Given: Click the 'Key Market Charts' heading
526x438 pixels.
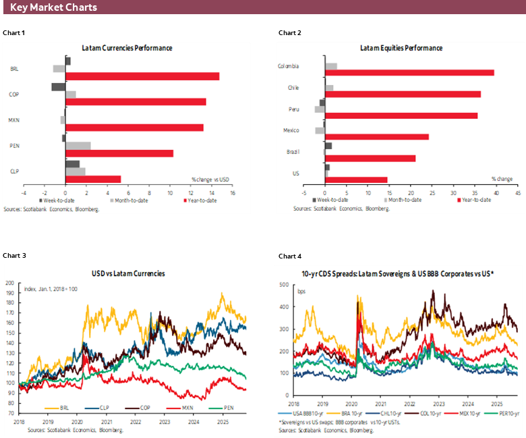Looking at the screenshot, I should point(53,7).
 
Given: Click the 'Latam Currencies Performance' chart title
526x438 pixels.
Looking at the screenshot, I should point(127,49).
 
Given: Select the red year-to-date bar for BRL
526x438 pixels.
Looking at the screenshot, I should point(142,76).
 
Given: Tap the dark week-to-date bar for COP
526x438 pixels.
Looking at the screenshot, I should point(59,87).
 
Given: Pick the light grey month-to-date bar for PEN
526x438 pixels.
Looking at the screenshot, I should point(78,145).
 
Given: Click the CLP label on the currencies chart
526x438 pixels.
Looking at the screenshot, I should point(14,171).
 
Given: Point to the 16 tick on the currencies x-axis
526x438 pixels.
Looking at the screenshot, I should point(232,193).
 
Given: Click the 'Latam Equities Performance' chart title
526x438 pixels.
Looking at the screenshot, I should point(401,49).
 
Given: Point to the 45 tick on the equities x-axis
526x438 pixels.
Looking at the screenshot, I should point(517,193).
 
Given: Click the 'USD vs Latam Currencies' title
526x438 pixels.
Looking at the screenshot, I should point(128,273).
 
